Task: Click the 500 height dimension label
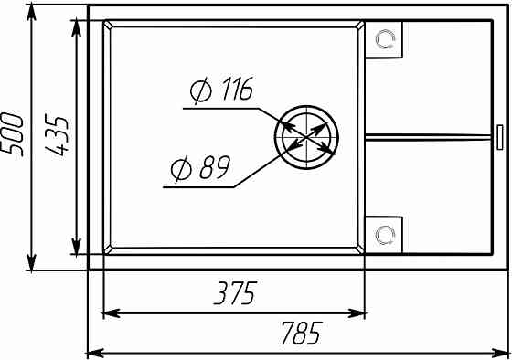tap(13, 134)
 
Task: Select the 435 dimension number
tap(57, 134)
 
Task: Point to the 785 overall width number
tap(302, 333)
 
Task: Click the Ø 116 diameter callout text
tap(221, 90)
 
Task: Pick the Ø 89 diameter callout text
tap(201, 168)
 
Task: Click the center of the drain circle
tap(306, 137)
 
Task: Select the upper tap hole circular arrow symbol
tap(385, 39)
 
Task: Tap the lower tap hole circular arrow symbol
tap(385, 235)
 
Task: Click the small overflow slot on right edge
tap(500, 137)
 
